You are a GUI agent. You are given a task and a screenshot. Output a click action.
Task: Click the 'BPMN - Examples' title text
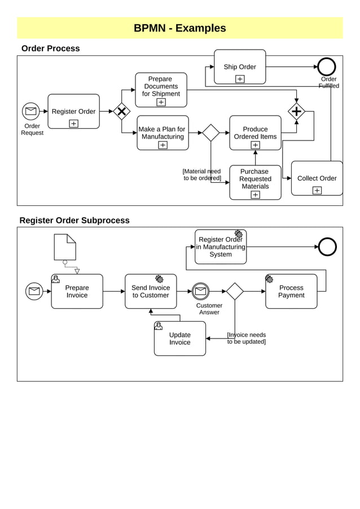click(179, 28)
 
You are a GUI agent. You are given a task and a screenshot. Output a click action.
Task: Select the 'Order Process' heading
click(50, 49)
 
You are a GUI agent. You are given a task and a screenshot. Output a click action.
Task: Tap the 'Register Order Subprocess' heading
click(74, 221)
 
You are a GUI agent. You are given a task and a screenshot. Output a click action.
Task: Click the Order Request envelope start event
click(31, 111)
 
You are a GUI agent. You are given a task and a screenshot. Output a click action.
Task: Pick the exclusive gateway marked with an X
click(121, 111)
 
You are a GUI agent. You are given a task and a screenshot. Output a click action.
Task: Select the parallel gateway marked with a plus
click(296, 111)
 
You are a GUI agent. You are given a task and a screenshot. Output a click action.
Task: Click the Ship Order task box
click(240, 67)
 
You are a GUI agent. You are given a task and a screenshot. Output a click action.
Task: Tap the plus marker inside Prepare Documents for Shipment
click(161, 102)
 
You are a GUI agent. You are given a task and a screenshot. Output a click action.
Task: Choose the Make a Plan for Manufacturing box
click(163, 133)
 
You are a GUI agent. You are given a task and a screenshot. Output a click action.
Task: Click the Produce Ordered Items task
click(255, 133)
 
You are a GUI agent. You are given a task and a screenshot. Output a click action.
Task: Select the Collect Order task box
click(317, 178)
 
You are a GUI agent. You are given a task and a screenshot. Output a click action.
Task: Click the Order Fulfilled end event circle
click(326, 67)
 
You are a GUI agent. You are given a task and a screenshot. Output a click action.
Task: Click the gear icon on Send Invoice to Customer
click(159, 279)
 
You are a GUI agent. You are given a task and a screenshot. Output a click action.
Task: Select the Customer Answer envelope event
click(200, 291)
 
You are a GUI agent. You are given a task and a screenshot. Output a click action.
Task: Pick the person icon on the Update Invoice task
click(159, 326)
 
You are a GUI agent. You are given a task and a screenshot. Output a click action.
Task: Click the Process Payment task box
click(291, 292)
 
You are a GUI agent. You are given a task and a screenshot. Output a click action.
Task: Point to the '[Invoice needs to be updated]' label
click(247, 339)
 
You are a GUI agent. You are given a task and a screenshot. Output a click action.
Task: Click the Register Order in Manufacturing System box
click(221, 247)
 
